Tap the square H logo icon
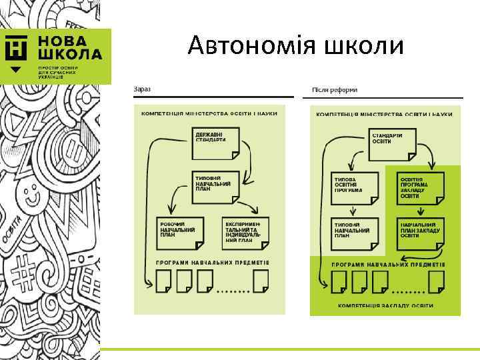[x=16, y=47]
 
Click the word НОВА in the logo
[x=61, y=40]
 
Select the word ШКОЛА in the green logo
[x=69, y=54]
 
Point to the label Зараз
[x=141, y=89]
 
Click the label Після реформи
[x=334, y=89]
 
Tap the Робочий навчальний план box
[x=178, y=231]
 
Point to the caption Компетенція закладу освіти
[x=377, y=306]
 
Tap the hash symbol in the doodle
[x=25, y=272]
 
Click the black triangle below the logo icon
[x=16, y=69]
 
